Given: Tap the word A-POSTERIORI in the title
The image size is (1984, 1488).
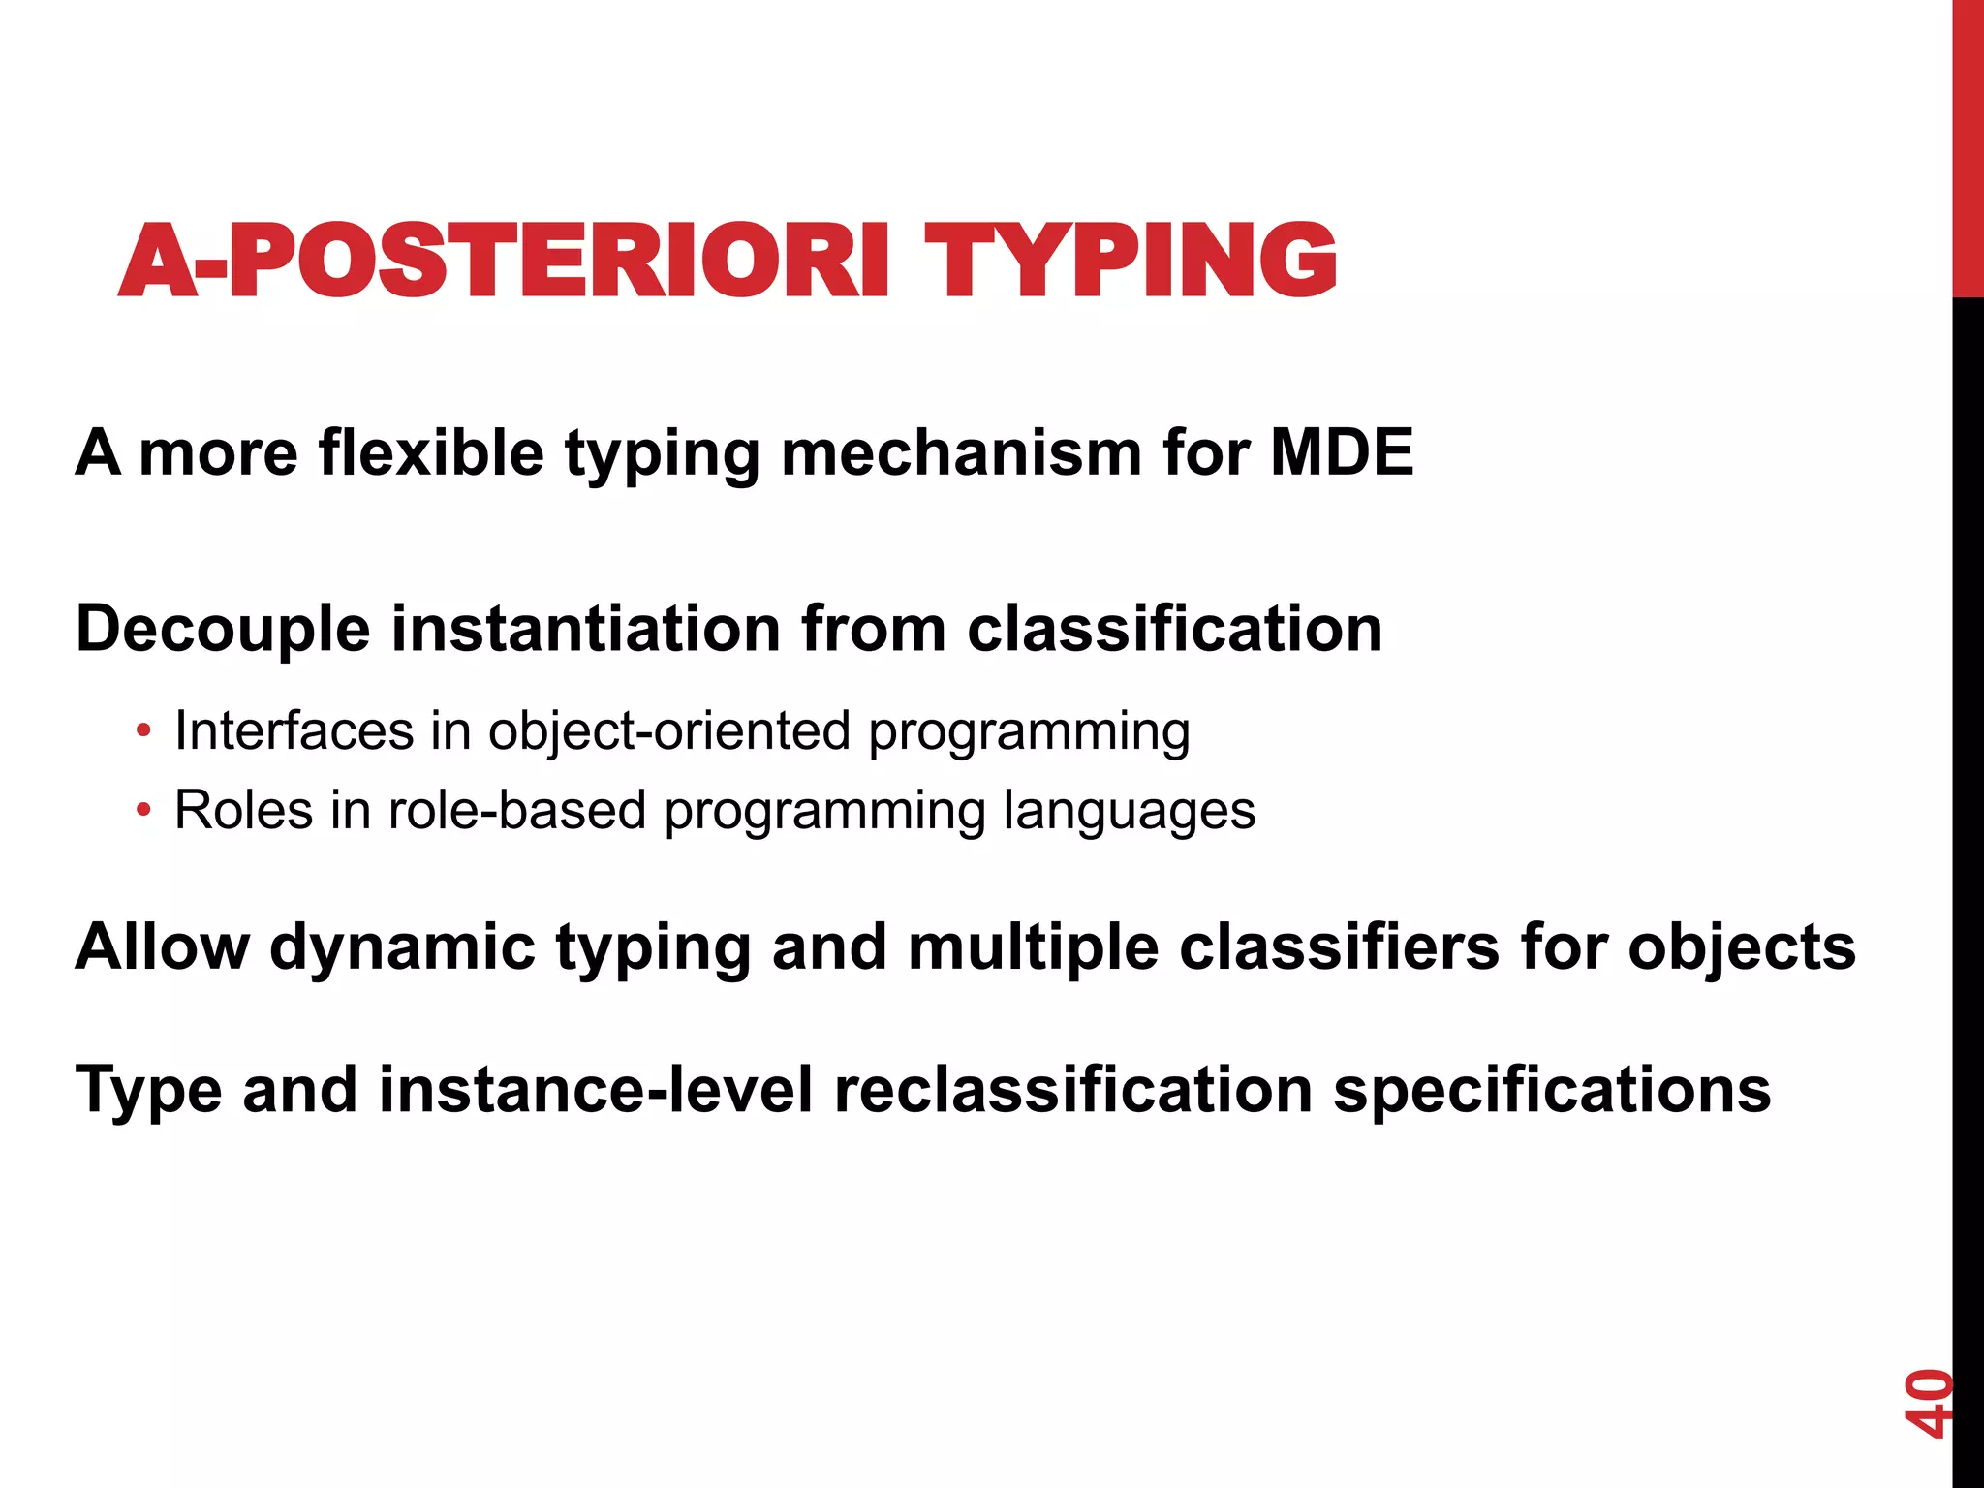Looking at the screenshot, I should click(x=504, y=260).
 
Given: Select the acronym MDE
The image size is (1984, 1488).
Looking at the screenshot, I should click(x=1342, y=452).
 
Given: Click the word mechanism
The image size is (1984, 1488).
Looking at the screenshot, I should click(x=962, y=452).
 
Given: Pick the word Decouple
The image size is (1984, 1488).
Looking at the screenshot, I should click(x=223, y=629).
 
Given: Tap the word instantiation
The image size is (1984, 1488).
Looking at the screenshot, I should click(x=586, y=629).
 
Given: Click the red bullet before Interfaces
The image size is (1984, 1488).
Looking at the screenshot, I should click(x=143, y=730).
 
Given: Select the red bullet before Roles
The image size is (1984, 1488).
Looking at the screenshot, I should click(x=143, y=810).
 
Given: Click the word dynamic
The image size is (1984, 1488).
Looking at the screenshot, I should click(x=402, y=946).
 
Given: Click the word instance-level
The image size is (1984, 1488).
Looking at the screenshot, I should click(x=596, y=1090).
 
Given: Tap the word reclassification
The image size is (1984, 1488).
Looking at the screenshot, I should click(x=1072, y=1090).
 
